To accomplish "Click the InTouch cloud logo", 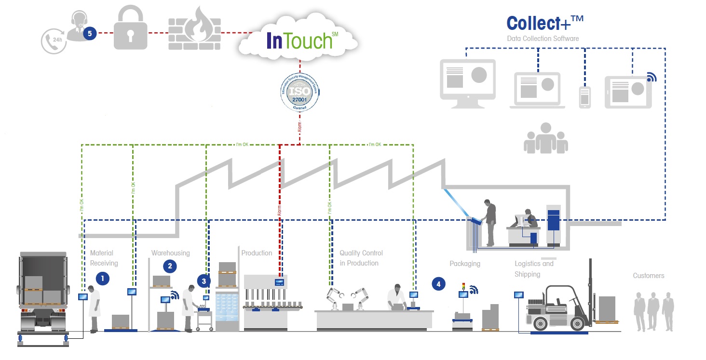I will click(299, 40).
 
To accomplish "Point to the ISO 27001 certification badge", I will click(299, 91).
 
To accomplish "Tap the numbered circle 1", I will click(102, 278).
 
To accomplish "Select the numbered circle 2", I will click(169, 265).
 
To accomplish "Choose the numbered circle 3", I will click(204, 280).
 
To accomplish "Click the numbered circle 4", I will click(438, 284).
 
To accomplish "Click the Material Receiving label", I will click(104, 258).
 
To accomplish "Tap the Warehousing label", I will click(170, 253).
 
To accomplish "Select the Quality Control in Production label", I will click(361, 258).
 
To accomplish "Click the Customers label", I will click(648, 276).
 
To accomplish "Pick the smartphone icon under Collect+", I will click(584, 97).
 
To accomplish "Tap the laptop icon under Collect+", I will click(537, 89).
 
